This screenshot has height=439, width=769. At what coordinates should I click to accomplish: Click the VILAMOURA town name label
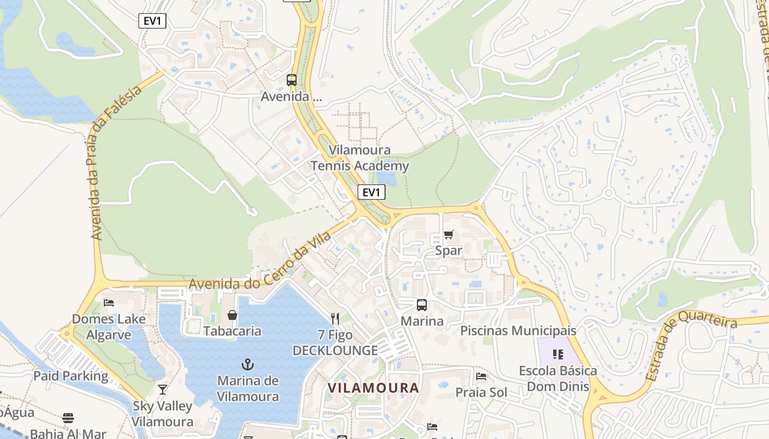tap(374, 387)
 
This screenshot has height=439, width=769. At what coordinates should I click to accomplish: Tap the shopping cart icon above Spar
tap(449, 235)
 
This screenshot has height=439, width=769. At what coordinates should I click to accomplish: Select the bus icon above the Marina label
tap(421, 305)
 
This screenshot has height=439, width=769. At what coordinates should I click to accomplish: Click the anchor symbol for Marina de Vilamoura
tap(248, 364)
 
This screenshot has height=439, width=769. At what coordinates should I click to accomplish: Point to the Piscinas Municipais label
tap(518, 331)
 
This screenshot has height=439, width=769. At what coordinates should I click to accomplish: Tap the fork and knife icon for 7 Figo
tap(335, 318)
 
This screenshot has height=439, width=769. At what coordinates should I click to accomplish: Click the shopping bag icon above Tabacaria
tap(232, 315)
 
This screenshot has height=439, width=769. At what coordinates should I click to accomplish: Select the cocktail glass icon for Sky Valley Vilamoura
tap(163, 390)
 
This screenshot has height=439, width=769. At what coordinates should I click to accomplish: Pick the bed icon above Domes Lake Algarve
tap(109, 303)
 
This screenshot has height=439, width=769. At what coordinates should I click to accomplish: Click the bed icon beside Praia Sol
tap(481, 376)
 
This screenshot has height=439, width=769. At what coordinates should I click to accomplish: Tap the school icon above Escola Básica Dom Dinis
tap(558, 354)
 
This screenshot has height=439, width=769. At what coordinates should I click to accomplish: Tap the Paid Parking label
tap(71, 376)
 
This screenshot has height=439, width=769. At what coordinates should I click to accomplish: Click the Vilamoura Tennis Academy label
tap(360, 158)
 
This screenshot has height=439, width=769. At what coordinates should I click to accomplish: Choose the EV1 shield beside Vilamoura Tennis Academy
tap(371, 192)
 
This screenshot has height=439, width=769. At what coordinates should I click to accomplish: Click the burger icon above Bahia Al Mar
tap(68, 418)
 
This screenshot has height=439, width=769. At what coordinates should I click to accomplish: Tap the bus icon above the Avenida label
tap(292, 80)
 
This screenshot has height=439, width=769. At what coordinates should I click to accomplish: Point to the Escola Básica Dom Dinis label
tap(558, 379)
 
